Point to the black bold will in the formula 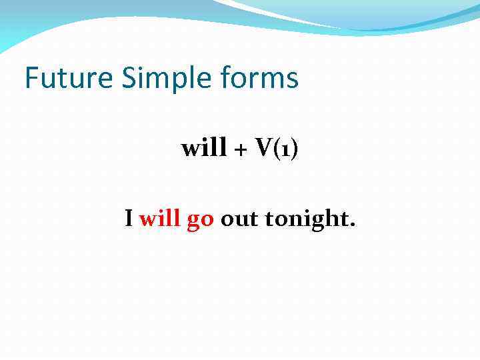tap(204, 148)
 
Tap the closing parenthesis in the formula tap(293, 149)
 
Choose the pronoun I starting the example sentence tap(129, 218)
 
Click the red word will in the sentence tap(160, 218)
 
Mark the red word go tap(200, 220)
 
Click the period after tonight tap(353, 225)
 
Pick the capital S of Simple tap(129, 78)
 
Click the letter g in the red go tap(193, 221)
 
